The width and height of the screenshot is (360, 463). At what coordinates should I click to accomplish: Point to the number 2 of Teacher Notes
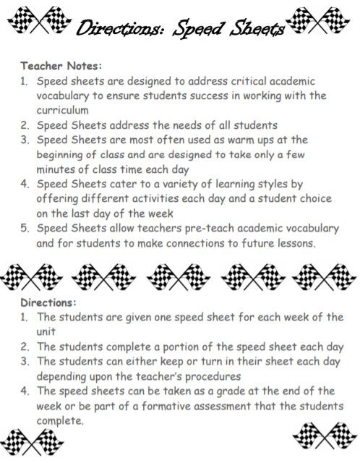coord(25,124)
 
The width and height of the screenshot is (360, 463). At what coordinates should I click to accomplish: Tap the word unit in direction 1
coord(47,331)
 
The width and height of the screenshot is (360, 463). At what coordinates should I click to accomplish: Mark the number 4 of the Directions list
coord(25,391)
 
